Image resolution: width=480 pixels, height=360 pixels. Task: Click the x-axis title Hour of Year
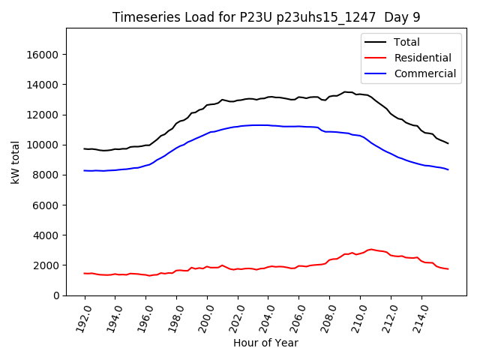265,343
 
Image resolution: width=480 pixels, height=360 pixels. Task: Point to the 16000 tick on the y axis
43,55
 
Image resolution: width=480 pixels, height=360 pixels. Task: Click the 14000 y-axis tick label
43,85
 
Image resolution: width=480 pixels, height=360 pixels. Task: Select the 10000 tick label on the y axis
43,145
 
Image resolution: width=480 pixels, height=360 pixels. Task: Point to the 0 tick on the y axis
56,295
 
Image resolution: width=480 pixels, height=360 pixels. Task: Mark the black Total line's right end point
448,143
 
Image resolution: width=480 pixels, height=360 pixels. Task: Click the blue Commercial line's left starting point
84,170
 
